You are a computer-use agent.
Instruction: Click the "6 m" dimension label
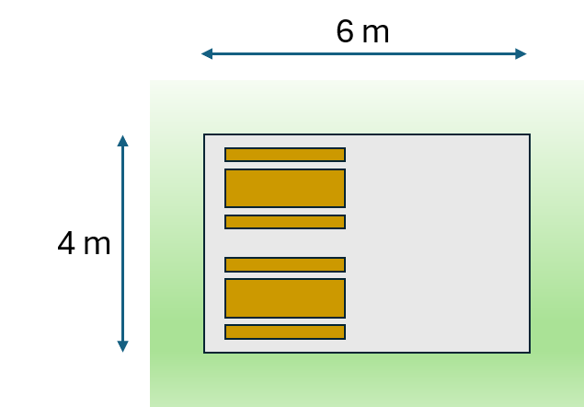click(362, 31)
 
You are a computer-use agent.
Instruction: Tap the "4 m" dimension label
click(85, 243)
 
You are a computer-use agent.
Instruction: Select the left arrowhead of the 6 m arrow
click(207, 53)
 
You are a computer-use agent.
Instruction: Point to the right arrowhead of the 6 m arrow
click(521, 53)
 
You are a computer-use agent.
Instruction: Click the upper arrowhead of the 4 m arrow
click(122, 141)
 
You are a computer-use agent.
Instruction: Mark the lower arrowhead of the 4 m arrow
click(122, 346)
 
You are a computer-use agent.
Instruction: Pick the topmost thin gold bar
click(285, 155)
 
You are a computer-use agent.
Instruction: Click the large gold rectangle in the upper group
click(285, 188)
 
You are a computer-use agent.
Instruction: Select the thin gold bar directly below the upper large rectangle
click(285, 222)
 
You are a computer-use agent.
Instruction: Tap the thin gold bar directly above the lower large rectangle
click(285, 264)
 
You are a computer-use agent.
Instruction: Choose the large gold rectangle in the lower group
click(285, 298)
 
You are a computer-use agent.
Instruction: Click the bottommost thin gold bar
click(285, 332)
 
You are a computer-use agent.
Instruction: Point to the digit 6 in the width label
click(345, 31)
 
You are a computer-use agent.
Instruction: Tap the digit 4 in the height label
click(66, 243)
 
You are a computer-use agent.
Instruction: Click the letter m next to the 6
click(376, 34)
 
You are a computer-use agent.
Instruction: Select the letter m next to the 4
click(97, 246)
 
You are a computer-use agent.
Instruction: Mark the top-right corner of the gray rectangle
click(530, 134)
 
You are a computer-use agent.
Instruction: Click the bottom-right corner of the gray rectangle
click(530, 352)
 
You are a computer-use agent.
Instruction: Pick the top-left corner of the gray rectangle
click(204, 134)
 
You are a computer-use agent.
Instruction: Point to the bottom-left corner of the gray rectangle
click(204, 352)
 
